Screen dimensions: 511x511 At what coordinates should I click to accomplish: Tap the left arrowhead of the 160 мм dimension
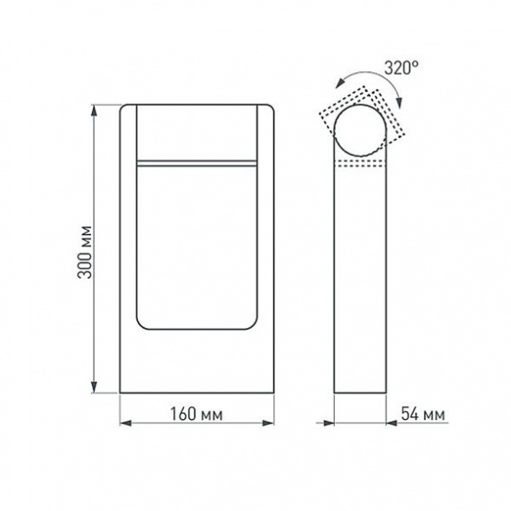[x=123, y=423]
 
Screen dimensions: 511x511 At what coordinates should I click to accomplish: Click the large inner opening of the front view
[x=197, y=247]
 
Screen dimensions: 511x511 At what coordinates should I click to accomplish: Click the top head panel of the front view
[x=197, y=130]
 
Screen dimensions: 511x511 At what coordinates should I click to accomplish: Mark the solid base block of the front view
[x=197, y=364]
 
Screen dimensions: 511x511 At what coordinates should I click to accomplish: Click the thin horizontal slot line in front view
[x=197, y=161]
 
